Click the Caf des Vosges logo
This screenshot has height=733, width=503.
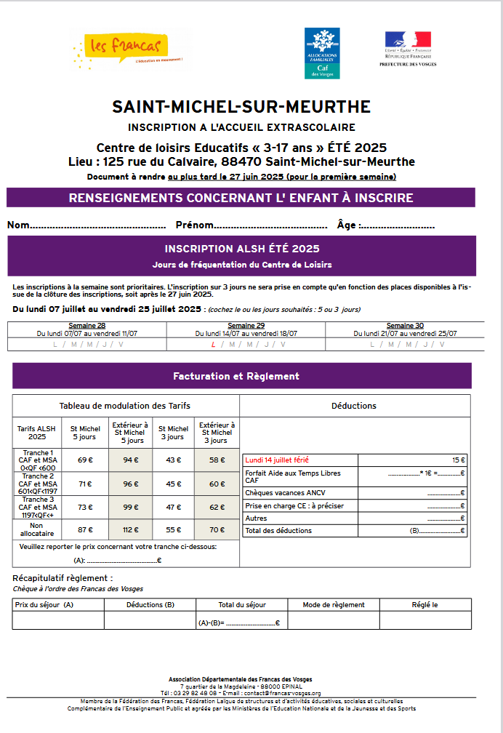[x=321, y=53]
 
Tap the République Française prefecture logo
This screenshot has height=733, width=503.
[x=407, y=48]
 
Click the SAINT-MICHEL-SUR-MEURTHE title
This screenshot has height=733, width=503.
[x=241, y=107]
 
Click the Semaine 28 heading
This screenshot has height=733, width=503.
[x=87, y=326]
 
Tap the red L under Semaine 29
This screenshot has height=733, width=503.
[x=213, y=344]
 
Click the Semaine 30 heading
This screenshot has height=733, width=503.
[x=405, y=326]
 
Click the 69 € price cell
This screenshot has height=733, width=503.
[x=86, y=460]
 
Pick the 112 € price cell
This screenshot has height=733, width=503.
[x=131, y=529]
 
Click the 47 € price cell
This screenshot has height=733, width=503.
[x=173, y=507]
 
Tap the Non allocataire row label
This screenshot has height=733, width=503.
[x=37, y=529]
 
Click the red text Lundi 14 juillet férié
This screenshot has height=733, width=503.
[x=277, y=460]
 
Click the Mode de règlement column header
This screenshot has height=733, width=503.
[x=334, y=604]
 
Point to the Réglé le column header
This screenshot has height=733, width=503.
[x=424, y=604]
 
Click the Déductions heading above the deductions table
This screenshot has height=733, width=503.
[x=353, y=406]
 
